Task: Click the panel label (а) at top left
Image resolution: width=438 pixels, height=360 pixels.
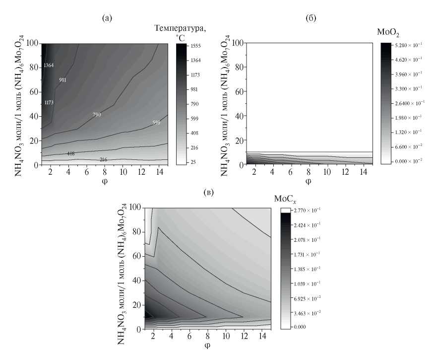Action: coord(107,19)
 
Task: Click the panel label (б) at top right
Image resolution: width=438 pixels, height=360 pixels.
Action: coord(312,19)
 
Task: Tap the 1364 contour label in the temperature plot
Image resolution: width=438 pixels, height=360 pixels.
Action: coord(49,66)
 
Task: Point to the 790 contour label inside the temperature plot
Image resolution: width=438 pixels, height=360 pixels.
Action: coord(97,115)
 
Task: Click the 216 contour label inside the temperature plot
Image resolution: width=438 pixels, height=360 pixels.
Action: coord(104,160)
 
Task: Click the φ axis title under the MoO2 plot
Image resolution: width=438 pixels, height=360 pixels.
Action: coord(309,181)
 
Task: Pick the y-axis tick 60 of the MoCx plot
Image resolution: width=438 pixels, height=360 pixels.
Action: coord(137,256)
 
